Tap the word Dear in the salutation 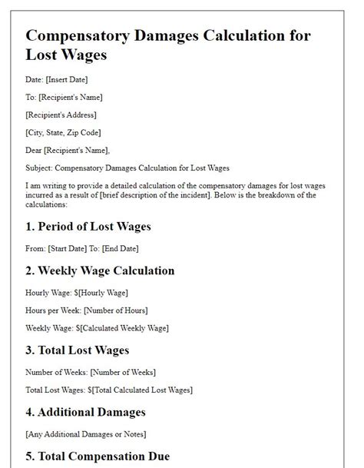tap(35, 149)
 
